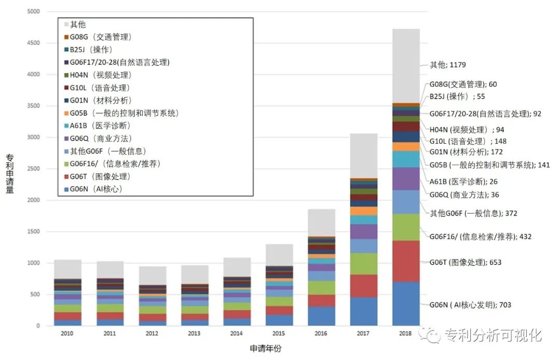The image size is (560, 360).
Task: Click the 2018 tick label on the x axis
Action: click(405, 333)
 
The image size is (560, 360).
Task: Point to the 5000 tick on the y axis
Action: click(33, 12)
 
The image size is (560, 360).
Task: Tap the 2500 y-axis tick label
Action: click(33, 169)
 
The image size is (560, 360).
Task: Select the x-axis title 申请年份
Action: click(265, 349)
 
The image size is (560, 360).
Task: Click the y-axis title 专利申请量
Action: click(10, 174)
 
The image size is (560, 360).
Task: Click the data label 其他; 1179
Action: click(447, 65)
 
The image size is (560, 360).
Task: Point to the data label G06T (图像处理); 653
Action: click(465, 262)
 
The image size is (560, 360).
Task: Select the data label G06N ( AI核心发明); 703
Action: click(470, 305)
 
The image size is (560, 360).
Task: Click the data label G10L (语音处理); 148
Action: click(468, 141)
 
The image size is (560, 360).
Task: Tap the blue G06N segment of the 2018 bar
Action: click(405, 304)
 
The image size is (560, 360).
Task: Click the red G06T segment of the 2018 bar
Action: click(405, 261)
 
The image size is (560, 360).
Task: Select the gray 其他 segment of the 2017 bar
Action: click(363, 156)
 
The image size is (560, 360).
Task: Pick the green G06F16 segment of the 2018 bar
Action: click(405, 227)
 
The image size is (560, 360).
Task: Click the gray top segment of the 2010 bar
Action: click(68, 269)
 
